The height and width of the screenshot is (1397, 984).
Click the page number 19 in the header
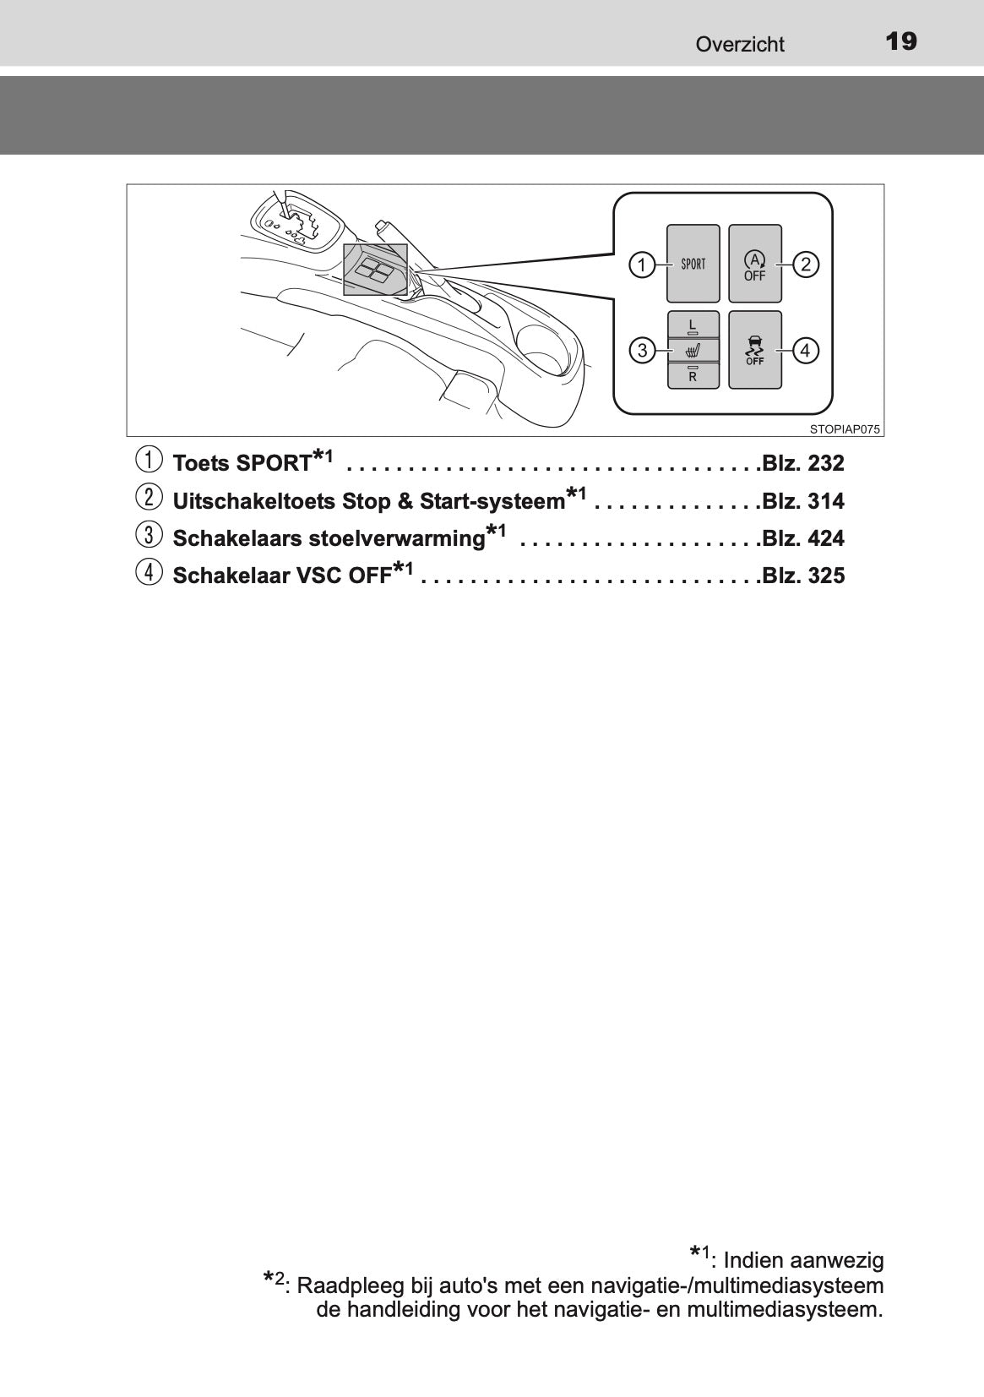900,41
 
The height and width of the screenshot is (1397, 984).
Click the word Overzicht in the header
740,44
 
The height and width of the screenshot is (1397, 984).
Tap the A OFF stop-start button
754,264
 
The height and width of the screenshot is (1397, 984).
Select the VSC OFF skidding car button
754,350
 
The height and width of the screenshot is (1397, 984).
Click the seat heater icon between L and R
693,350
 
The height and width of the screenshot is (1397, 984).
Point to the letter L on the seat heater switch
693,325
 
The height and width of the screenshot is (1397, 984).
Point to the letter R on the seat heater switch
693,377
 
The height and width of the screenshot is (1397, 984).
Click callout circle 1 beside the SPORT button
641,265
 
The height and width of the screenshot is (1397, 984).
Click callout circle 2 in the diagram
806,265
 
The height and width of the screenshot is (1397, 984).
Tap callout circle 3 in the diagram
642,350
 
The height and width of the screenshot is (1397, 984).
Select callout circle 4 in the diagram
805,351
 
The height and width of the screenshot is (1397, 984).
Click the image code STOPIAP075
845,429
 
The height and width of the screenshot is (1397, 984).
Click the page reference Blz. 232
802,463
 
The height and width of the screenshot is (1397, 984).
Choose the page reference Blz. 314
802,501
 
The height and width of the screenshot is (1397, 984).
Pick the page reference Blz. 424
802,538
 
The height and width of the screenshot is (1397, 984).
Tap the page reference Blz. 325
802,575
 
